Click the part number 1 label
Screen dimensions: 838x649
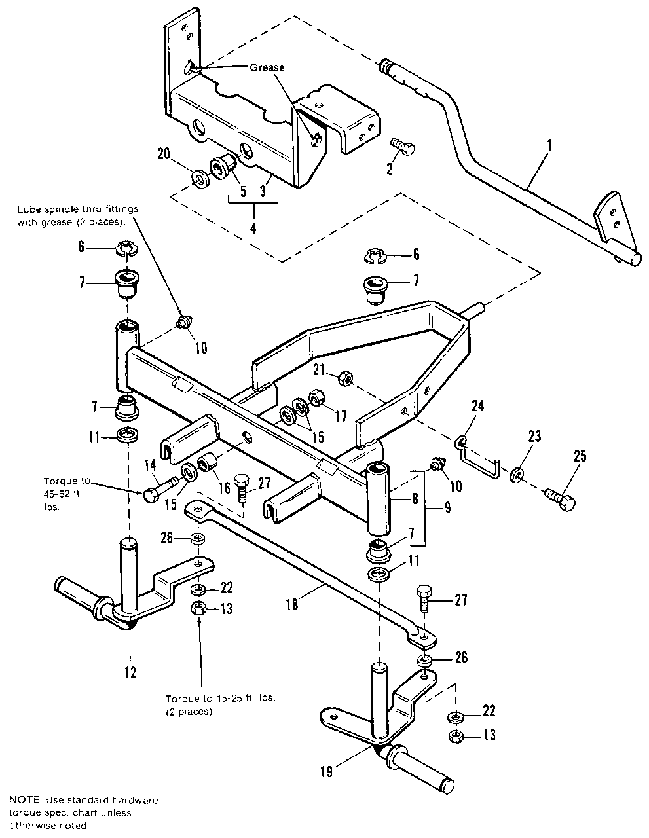click(549, 146)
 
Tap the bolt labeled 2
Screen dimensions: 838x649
click(401, 147)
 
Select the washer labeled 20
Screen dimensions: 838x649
click(198, 178)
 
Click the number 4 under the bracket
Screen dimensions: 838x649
click(253, 228)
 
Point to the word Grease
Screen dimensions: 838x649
click(267, 67)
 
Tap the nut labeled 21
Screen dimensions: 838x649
click(344, 378)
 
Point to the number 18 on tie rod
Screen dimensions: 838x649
click(291, 605)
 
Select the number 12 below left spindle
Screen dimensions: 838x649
click(130, 672)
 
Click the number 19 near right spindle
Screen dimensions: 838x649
click(327, 773)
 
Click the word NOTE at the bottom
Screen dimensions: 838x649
click(24, 800)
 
